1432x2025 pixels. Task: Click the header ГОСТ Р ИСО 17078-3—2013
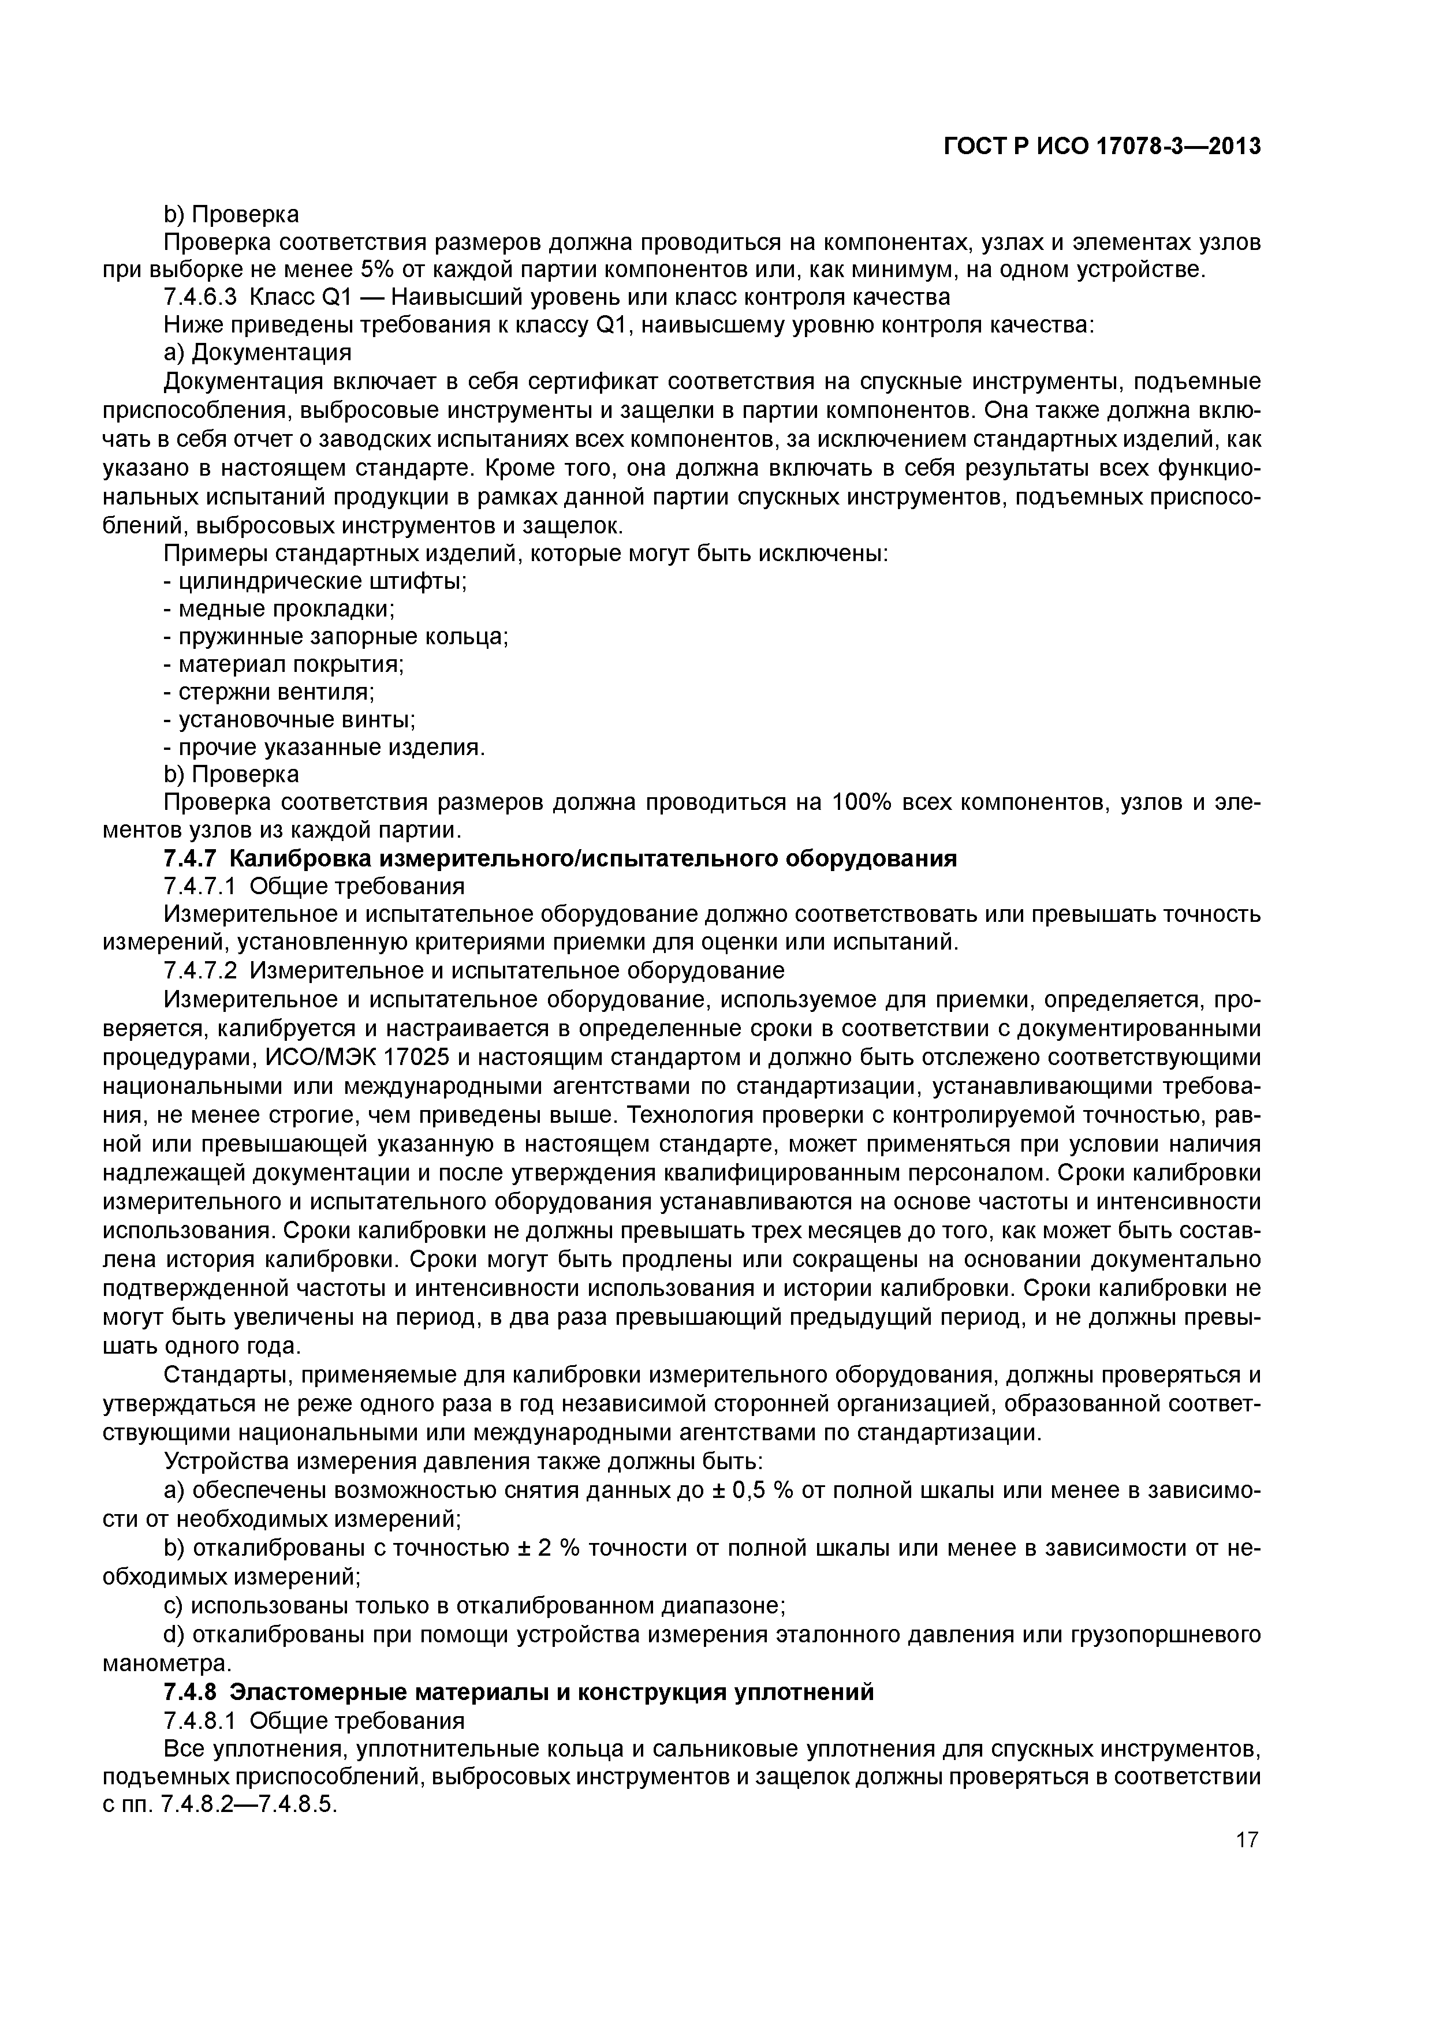[1102, 147]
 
